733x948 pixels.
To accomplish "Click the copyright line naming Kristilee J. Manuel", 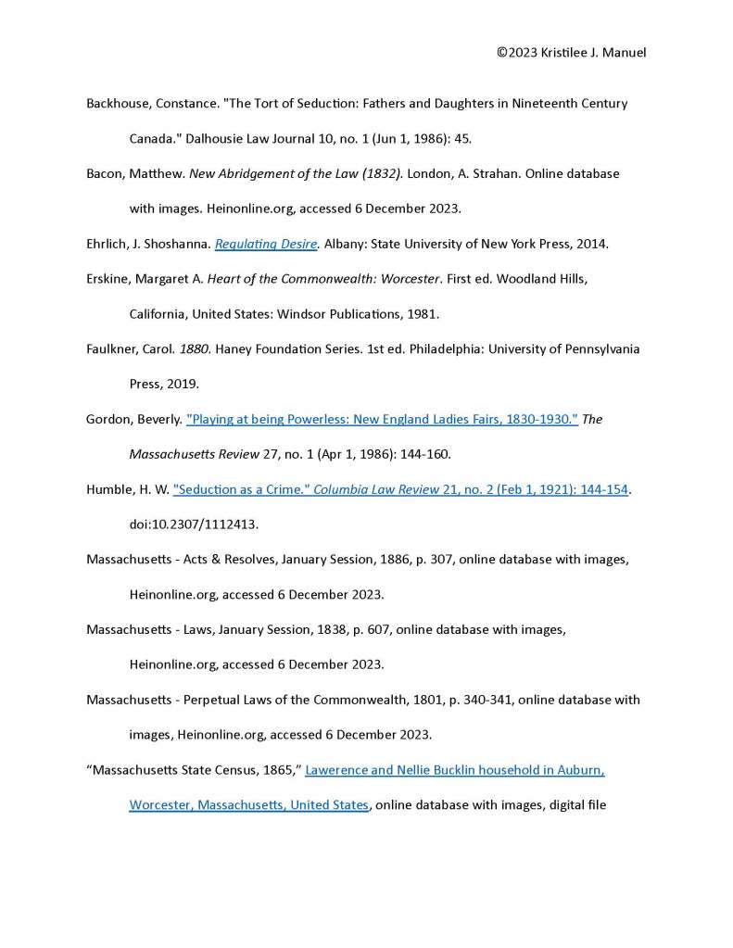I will coord(571,53).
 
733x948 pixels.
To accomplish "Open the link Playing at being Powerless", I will coord(382,419).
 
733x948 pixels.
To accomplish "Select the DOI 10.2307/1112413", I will coord(194,525).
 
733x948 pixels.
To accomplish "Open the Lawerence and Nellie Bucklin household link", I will coord(454,770).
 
